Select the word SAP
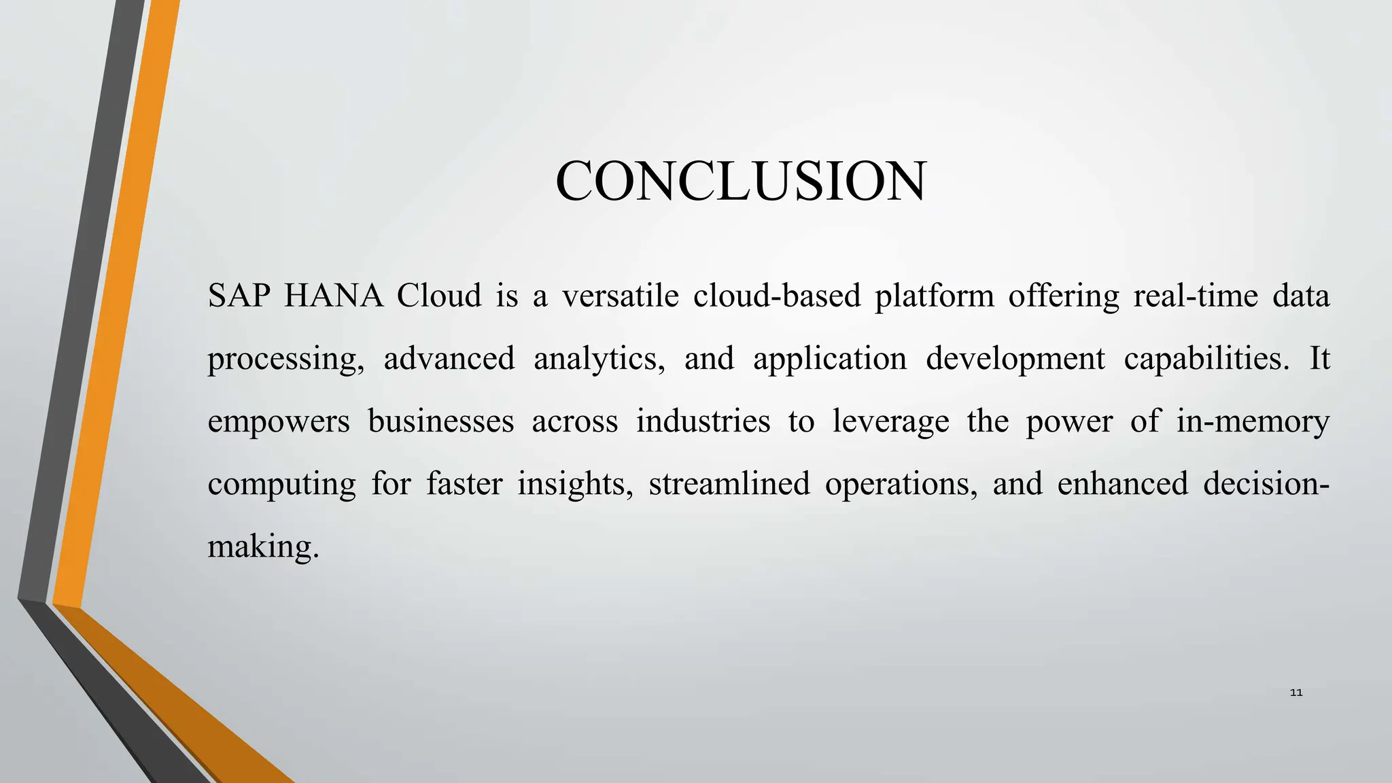(239, 296)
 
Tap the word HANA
(334, 296)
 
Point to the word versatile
(620, 296)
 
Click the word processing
(285, 360)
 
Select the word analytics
(599, 360)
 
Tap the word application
(829, 360)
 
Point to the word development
(1015, 360)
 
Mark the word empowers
(278, 422)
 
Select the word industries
(703, 421)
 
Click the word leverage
(890, 422)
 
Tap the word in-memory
(1253, 422)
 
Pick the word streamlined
(729, 483)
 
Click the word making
(262, 547)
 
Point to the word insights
(575, 485)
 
